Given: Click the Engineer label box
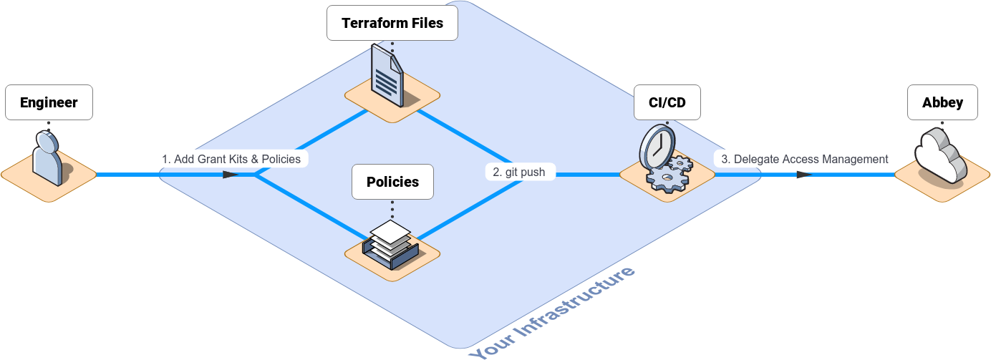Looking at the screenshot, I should [x=49, y=102].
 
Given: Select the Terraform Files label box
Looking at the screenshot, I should [x=392, y=23].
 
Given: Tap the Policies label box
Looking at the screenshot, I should [x=392, y=182].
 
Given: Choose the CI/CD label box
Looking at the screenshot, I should [x=667, y=102].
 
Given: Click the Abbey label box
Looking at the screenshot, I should [x=942, y=102].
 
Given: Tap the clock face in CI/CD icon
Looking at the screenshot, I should [x=654, y=147].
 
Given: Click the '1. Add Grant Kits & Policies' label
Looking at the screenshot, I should [x=231, y=159].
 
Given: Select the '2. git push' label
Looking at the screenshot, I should [x=519, y=172].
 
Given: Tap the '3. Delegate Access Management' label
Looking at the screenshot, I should [x=804, y=159].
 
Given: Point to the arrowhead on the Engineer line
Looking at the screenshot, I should [x=230, y=174].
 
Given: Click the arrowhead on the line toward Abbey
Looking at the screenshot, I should [x=803, y=174].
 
